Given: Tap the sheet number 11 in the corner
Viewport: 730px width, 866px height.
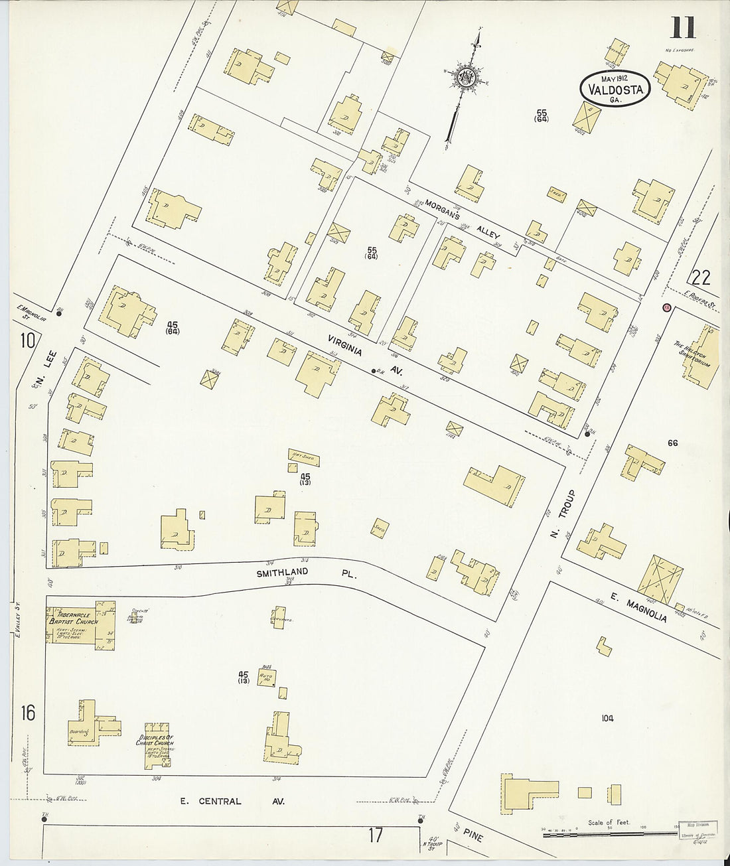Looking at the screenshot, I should [x=682, y=29].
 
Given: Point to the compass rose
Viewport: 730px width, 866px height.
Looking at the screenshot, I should [x=466, y=77].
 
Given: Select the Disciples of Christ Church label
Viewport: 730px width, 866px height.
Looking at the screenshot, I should [x=155, y=740].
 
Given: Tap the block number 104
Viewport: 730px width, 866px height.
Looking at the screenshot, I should [x=607, y=718].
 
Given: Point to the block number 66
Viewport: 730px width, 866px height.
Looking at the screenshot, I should [x=672, y=443].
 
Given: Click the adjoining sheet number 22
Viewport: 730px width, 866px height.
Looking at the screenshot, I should [x=703, y=277].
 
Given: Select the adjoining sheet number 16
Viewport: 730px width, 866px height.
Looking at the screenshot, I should [x=27, y=713].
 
